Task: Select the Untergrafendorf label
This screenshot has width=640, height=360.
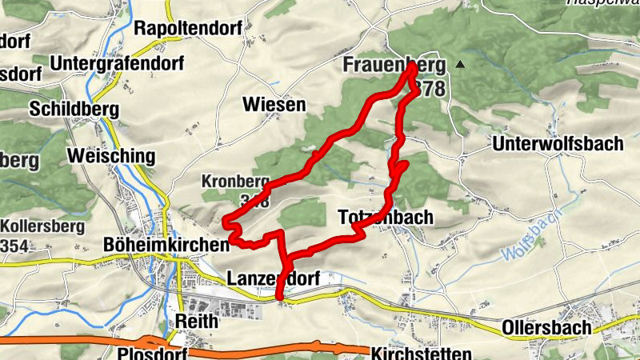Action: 117,62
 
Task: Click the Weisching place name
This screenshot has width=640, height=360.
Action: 110,154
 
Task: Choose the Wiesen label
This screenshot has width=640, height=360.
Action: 274,105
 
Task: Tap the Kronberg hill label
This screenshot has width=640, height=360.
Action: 233,181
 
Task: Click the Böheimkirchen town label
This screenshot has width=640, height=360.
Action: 166,243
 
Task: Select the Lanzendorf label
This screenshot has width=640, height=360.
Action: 274,278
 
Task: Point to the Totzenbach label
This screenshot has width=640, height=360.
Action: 386,217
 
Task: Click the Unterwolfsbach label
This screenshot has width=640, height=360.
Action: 558,144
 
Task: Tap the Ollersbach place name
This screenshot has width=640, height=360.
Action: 546,327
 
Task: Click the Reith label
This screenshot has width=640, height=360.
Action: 195,320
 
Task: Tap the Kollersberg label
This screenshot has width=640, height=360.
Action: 42,226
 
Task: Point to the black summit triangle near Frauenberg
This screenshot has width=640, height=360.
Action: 459,64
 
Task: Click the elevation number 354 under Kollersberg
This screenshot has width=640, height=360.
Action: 14,246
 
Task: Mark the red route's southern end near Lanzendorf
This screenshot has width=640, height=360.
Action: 279,298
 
